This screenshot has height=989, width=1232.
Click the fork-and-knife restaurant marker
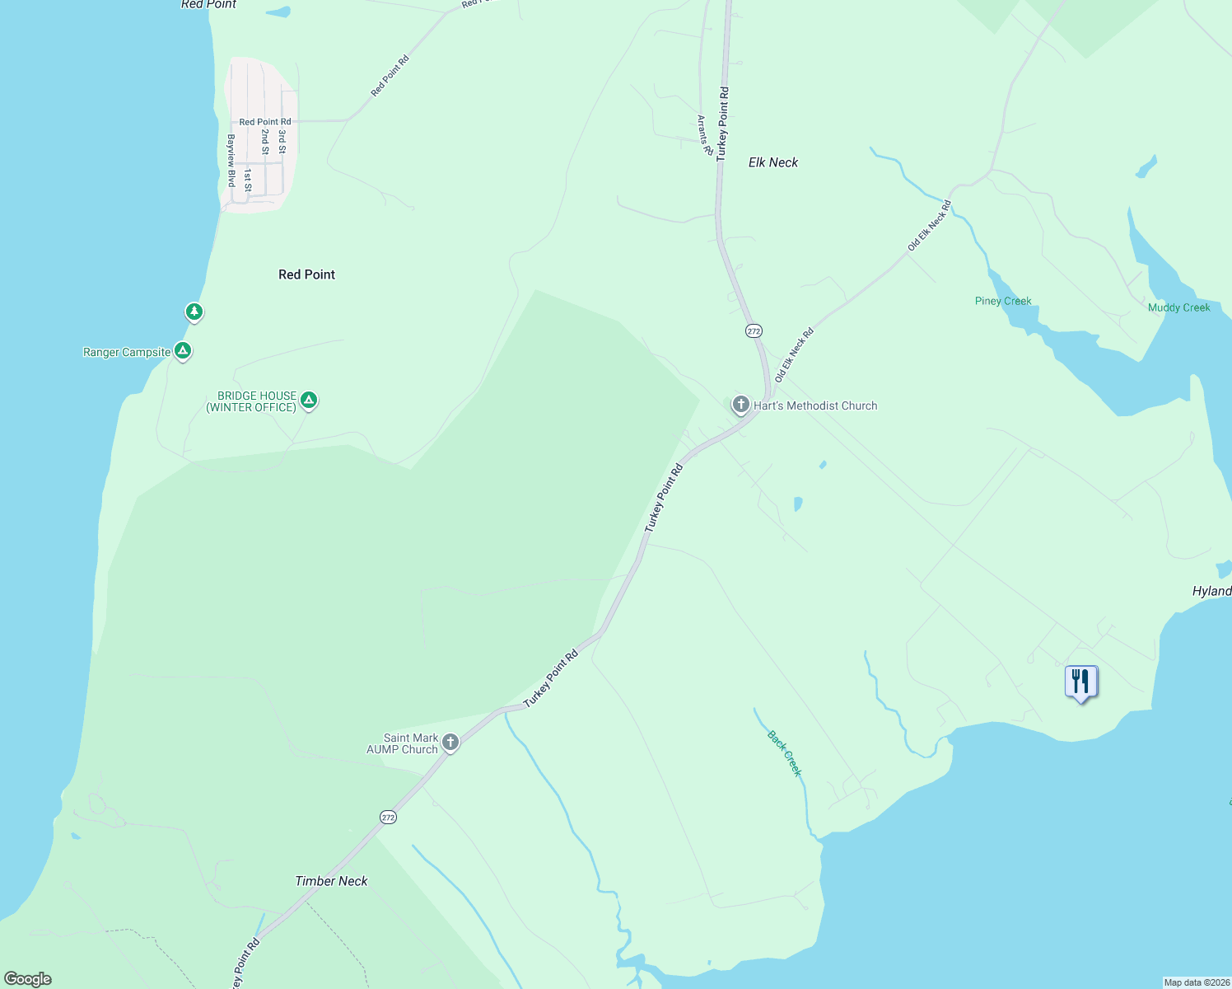coord(1080,682)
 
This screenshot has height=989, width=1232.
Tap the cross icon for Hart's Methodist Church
coord(740,405)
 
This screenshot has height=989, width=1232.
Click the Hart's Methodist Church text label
coord(815,405)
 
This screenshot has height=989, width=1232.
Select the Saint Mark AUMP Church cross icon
coord(450,742)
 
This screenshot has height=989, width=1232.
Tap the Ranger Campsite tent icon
coord(183,351)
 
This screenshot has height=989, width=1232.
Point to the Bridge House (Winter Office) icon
coord(309,401)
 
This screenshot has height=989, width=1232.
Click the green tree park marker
coord(194,312)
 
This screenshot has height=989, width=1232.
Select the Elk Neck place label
coord(772,162)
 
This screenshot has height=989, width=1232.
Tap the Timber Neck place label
coord(331,881)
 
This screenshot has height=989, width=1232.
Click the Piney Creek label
coord(1003,301)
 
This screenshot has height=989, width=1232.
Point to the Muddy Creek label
coord(1178,307)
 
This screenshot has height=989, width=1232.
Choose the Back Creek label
coord(784,752)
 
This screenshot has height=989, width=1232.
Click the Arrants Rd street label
coord(704,135)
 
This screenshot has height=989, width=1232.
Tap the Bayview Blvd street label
coord(231,160)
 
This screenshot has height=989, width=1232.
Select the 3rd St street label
coord(282,142)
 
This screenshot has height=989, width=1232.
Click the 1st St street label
coord(247,180)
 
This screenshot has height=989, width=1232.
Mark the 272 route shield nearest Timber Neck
coord(388,817)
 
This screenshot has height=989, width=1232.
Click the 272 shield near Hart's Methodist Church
coord(754,330)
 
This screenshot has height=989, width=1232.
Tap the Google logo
coord(28,979)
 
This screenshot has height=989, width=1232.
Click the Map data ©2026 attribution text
coord(1196,982)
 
